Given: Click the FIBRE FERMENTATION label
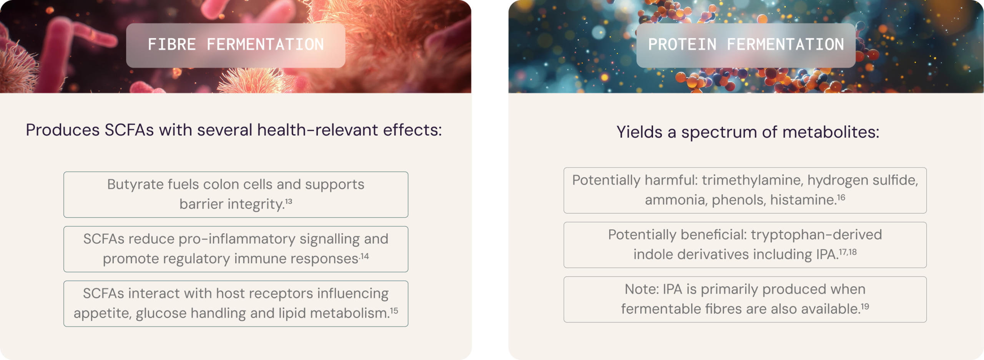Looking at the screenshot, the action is [x=236, y=45].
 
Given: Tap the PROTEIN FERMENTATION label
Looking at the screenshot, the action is [x=746, y=45].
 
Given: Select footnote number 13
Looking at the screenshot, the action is [x=289, y=201].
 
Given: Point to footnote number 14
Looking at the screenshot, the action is [x=364, y=256].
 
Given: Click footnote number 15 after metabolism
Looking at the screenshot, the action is [x=394, y=310].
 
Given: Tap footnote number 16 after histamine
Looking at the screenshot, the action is [x=841, y=197].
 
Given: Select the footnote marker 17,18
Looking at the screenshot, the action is [x=848, y=252].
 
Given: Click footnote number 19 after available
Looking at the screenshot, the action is [x=865, y=307].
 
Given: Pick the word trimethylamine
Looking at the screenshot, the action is [x=753, y=180].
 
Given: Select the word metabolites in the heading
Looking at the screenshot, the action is [x=831, y=132].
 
